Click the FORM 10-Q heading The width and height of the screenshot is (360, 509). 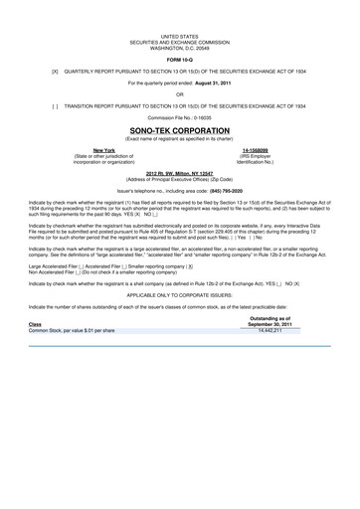(x=179, y=59)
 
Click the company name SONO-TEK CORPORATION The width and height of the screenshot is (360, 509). (x=179, y=129)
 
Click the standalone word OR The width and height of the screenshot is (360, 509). (x=180, y=95)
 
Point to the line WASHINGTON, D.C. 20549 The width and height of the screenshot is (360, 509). (x=179, y=47)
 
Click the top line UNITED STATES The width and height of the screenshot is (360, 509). (x=179, y=35)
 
